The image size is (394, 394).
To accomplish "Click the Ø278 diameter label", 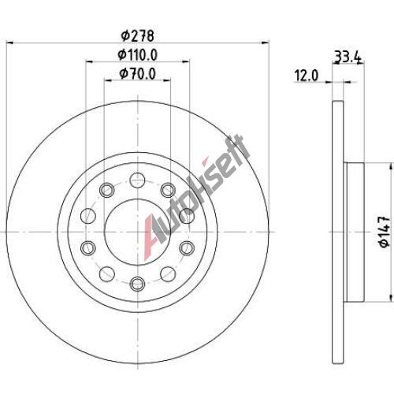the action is [x=137, y=36].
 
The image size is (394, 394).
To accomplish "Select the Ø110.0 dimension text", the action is [x=138, y=55].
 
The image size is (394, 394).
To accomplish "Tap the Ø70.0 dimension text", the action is [x=138, y=73].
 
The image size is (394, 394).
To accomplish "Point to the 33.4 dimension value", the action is [x=348, y=57].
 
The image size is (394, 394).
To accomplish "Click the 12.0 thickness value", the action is [x=307, y=76].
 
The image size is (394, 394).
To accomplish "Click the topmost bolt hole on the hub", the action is [x=138, y=180].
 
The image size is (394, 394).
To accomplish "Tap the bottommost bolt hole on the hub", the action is [x=138, y=284].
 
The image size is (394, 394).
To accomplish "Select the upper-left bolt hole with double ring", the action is [x=107, y=190].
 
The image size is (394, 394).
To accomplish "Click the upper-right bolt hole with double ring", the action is [x=168, y=190].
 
